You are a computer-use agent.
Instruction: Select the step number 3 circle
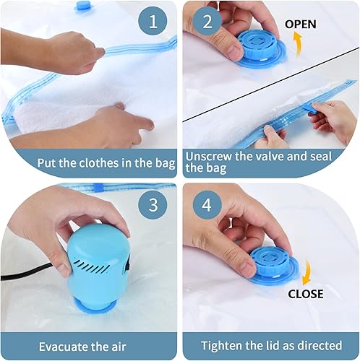tap(153, 204)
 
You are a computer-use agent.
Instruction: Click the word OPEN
tap(301, 24)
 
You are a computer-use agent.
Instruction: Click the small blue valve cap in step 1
tap(85, 6)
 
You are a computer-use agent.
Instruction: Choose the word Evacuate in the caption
tap(63, 345)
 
